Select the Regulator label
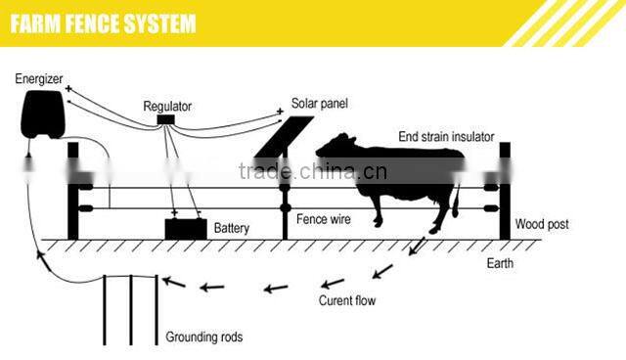167,105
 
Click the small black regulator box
166,120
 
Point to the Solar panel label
319,103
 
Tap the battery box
185,229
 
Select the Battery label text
232,229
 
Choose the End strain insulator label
445,136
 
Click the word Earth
500,265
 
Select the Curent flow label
347,300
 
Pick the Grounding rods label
203,337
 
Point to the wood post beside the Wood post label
505,191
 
